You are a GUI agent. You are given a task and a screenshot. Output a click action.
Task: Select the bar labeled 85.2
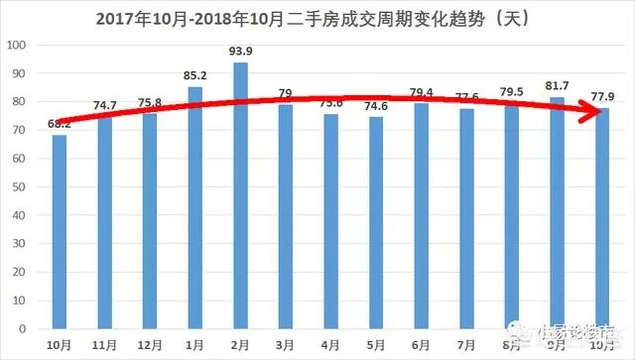click(194, 207)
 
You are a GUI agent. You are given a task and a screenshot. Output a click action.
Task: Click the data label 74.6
click(376, 107)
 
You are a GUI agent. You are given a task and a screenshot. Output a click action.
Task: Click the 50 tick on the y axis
click(20, 186)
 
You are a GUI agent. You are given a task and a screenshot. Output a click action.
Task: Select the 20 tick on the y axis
click(20, 272)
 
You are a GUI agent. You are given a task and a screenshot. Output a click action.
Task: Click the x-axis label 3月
click(286, 343)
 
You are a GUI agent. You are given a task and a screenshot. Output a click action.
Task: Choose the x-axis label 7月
click(466, 343)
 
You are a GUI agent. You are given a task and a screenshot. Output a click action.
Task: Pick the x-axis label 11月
click(104, 343)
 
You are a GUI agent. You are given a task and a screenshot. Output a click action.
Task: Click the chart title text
click(315, 18)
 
